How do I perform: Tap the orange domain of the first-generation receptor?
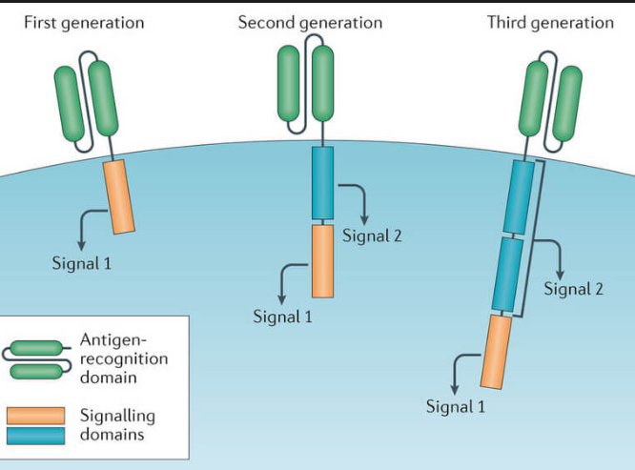pyautogui.click(x=120, y=196)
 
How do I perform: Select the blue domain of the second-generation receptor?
pyautogui.click(x=322, y=182)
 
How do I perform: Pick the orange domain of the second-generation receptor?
pyautogui.click(x=322, y=262)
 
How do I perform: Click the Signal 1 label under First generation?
pyautogui.click(x=81, y=262)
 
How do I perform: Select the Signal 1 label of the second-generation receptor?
pyautogui.click(x=282, y=316)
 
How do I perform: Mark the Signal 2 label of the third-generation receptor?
pyautogui.click(x=573, y=289)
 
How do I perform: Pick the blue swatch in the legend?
pyautogui.click(x=35, y=436)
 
